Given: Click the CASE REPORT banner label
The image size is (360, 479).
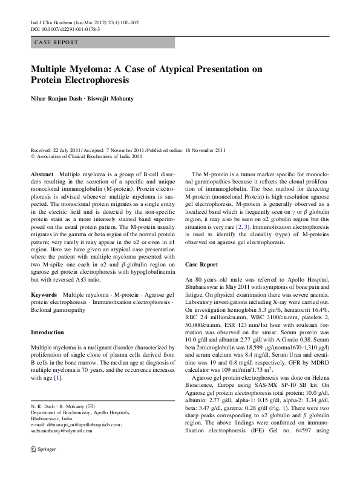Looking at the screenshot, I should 56,42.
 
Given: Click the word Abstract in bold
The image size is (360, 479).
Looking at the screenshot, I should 42,174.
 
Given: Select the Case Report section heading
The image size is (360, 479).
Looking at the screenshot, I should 201,265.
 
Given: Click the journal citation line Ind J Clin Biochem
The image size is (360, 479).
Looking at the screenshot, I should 85,22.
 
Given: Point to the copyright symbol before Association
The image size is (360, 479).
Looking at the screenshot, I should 33,156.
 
